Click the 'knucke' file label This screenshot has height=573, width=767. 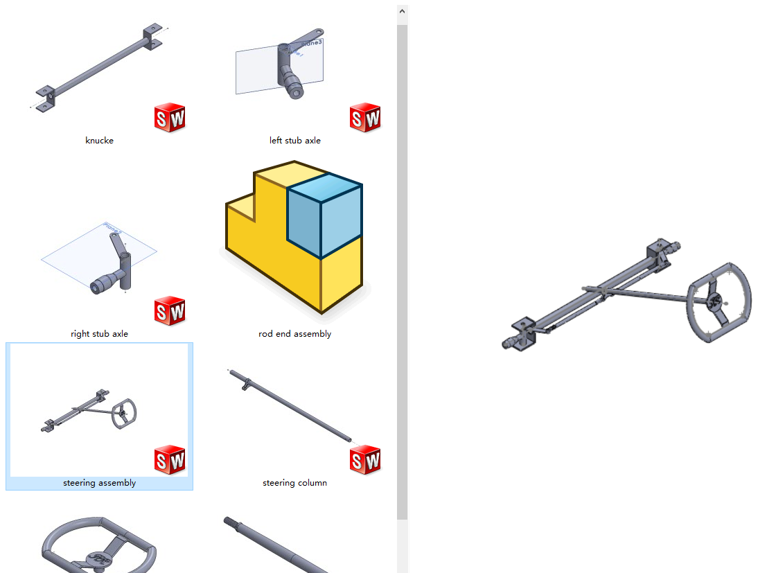pyautogui.click(x=99, y=141)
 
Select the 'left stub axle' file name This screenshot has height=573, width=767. pyautogui.click(x=295, y=141)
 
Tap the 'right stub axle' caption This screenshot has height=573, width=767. pyautogui.click(x=99, y=334)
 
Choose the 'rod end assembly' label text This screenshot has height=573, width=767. pyautogui.click(x=295, y=334)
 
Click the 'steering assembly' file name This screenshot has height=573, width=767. pyautogui.click(x=99, y=483)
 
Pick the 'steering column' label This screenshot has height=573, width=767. pyautogui.click(x=295, y=483)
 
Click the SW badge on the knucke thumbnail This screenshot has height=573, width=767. pyautogui.click(x=170, y=117)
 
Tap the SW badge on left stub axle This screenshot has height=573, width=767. pyautogui.click(x=365, y=117)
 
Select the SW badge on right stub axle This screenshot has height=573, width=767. pyautogui.click(x=170, y=310)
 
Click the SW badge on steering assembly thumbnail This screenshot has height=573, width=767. pyautogui.click(x=170, y=460)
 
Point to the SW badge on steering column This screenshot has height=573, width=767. pyautogui.click(x=365, y=460)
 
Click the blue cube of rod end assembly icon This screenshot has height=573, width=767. pyautogui.click(x=324, y=215)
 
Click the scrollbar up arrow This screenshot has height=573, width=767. pyautogui.click(x=402, y=11)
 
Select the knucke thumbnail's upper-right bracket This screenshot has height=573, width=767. pyautogui.click(x=152, y=36)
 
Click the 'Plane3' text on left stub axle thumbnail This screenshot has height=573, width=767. pyautogui.click(x=312, y=43)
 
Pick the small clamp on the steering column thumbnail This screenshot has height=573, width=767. pyautogui.click(x=246, y=384)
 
